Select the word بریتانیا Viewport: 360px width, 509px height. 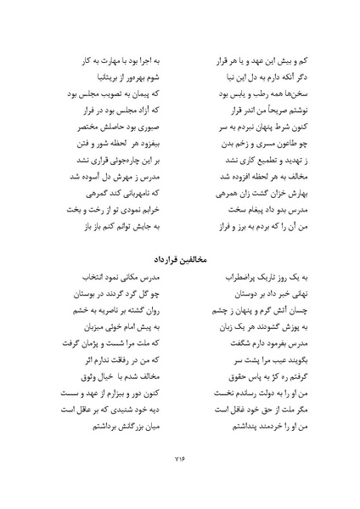click(x=80, y=75)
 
